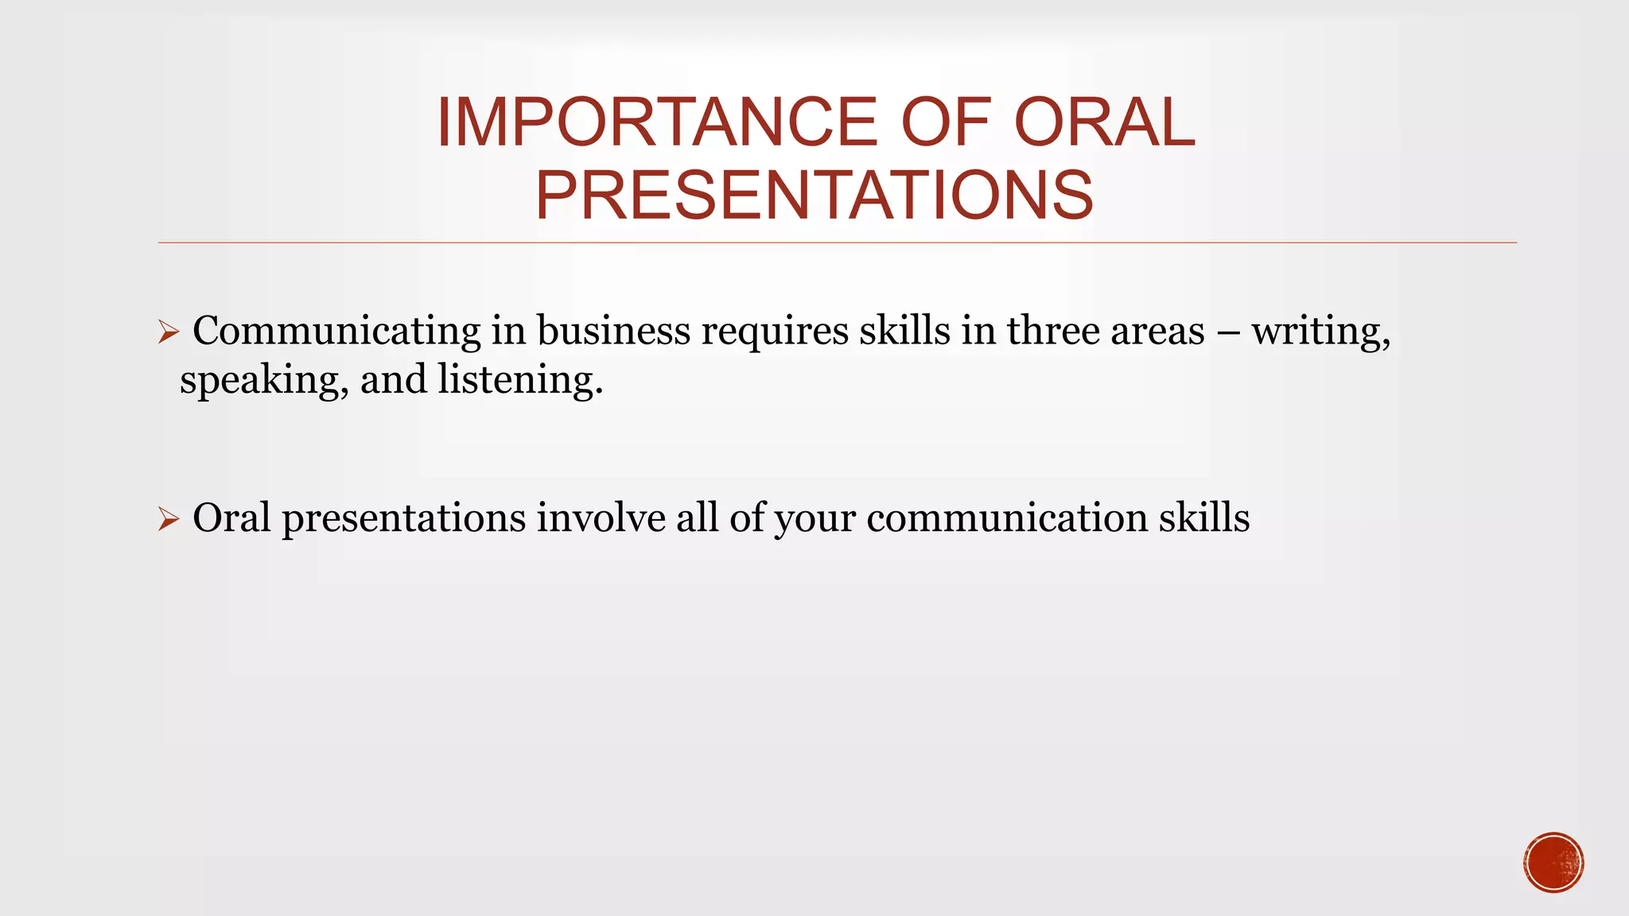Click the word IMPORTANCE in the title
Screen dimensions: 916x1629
(x=656, y=122)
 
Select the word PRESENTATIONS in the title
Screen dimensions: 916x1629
(x=814, y=196)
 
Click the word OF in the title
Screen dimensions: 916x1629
(x=946, y=122)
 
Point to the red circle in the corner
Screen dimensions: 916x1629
(x=1553, y=863)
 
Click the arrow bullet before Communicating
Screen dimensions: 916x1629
(x=169, y=332)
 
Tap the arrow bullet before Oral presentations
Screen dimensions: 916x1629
(x=169, y=519)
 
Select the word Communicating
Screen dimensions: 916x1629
(x=336, y=332)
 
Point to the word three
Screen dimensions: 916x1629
(x=1053, y=332)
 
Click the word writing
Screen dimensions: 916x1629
(x=1320, y=332)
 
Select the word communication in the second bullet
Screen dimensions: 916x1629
(x=1006, y=518)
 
